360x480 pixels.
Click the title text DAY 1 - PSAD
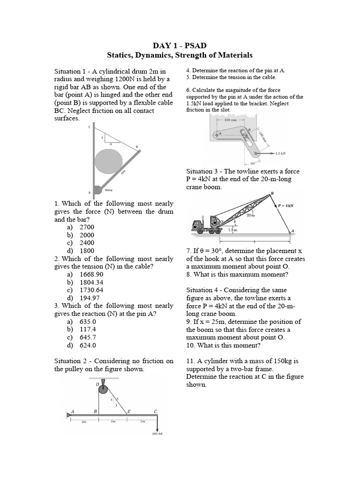(180, 45)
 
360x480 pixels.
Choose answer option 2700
(87, 227)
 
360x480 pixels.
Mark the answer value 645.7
(88, 337)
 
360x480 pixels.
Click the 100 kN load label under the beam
(157, 434)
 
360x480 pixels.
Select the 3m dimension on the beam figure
(143, 422)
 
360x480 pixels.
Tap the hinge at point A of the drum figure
(97, 190)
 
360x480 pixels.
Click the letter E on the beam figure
(130, 411)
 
